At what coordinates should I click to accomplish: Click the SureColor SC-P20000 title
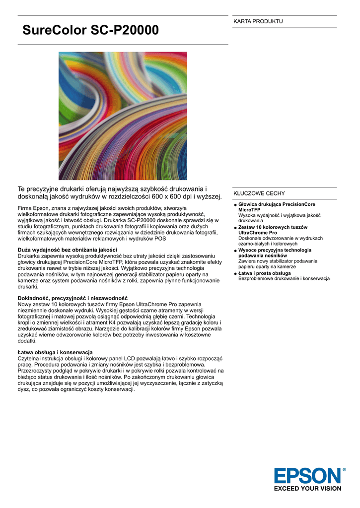[91, 31]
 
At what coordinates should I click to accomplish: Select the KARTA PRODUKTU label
[258, 21]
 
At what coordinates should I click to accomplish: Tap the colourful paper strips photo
[123, 116]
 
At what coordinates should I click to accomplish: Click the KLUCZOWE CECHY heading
[259, 193]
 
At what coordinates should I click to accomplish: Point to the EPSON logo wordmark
[307, 476]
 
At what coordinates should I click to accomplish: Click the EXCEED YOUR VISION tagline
[307, 489]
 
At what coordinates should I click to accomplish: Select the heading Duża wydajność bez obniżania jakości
[68, 250]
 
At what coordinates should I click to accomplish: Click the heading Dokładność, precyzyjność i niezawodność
[72, 298]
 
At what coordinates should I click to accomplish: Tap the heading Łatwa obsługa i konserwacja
[55, 352]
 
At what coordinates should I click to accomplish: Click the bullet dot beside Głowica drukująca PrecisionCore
[235, 205]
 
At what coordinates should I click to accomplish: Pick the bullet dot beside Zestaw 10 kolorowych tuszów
[235, 228]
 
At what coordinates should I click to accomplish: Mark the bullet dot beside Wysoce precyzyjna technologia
[235, 251]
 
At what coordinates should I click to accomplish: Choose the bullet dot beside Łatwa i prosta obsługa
[235, 273]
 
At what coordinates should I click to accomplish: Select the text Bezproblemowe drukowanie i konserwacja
[284, 279]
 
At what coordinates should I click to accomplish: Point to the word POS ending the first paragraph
[160, 239]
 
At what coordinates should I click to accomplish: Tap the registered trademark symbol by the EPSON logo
[344, 469]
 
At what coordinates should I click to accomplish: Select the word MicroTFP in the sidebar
[250, 210]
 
